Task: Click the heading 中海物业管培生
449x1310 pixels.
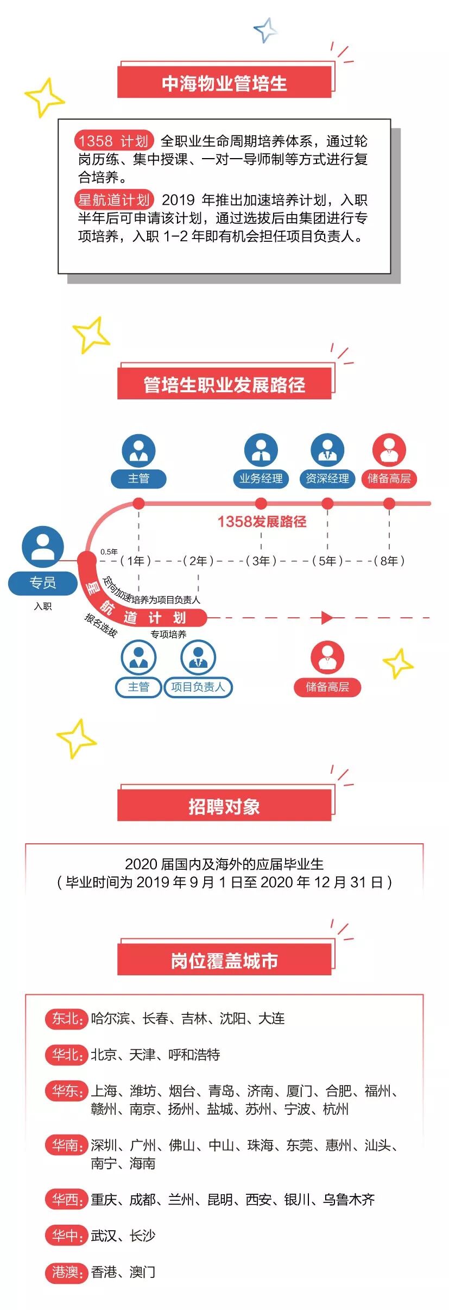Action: (x=224, y=83)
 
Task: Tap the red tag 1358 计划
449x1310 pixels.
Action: (x=113, y=141)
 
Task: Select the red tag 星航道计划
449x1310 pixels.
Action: (x=113, y=200)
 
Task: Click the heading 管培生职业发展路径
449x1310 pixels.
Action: (x=224, y=385)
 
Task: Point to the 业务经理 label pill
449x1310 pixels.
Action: (x=261, y=479)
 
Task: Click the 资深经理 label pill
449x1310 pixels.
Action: (x=327, y=479)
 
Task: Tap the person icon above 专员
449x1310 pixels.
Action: (x=43, y=547)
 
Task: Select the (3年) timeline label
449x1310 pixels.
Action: (x=261, y=561)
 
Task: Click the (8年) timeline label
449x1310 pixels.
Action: (x=389, y=561)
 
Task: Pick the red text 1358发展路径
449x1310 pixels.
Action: (x=262, y=522)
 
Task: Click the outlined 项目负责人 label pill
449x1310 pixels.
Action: (x=198, y=687)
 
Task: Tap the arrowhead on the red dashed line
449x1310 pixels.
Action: (x=327, y=618)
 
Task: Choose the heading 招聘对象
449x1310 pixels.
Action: (x=224, y=806)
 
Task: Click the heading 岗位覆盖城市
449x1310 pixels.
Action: (x=224, y=961)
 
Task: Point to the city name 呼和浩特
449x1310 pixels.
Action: (x=194, y=1055)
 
